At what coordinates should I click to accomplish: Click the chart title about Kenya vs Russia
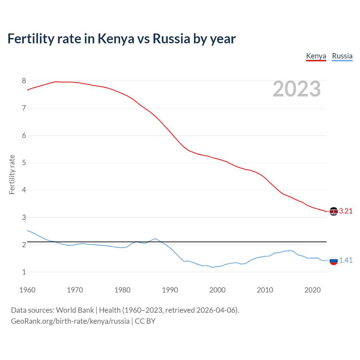pyautogui.click(x=121, y=39)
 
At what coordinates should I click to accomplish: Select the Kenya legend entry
pyautogui.click(x=316, y=56)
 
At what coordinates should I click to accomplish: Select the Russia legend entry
pyautogui.click(x=342, y=56)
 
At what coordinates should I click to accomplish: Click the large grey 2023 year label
pyautogui.click(x=296, y=89)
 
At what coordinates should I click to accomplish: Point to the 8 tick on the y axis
pyautogui.click(x=24, y=81)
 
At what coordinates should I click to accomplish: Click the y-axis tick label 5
pyautogui.click(x=24, y=163)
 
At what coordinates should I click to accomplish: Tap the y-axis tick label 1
pyautogui.click(x=24, y=272)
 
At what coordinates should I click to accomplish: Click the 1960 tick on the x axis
pyautogui.click(x=27, y=290)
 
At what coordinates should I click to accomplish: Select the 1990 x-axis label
pyautogui.click(x=170, y=290)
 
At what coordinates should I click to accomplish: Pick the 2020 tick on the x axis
pyautogui.click(x=312, y=290)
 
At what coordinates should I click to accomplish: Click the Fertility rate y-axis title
pyautogui.click(x=12, y=174)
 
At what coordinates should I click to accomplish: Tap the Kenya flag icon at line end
pyautogui.click(x=334, y=211)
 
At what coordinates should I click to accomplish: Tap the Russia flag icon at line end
pyautogui.click(x=334, y=261)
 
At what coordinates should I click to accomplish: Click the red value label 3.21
pyautogui.click(x=346, y=211)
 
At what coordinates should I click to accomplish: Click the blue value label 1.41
pyautogui.click(x=346, y=260)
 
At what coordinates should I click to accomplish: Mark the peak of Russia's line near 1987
pyautogui.click(x=156, y=238)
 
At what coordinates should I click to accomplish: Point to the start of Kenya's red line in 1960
pyautogui.click(x=27, y=90)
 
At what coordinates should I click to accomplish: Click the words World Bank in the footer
pyautogui.click(x=75, y=310)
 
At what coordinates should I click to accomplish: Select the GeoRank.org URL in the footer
pyautogui.click(x=70, y=321)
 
